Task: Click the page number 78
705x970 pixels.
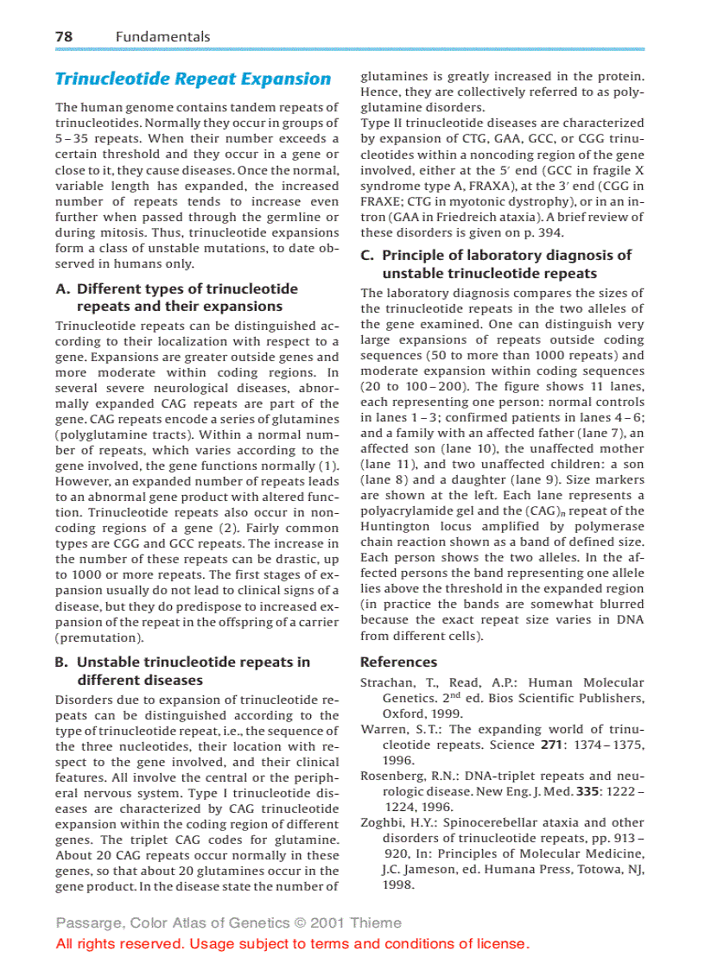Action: [64, 36]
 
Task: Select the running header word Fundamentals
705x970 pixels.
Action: [162, 36]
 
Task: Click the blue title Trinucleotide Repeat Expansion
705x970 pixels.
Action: [193, 79]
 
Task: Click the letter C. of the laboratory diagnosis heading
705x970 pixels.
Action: [367, 256]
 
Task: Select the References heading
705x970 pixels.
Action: [398, 663]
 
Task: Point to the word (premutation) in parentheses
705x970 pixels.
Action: [99, 638]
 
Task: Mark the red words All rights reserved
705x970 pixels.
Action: [120, 944]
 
